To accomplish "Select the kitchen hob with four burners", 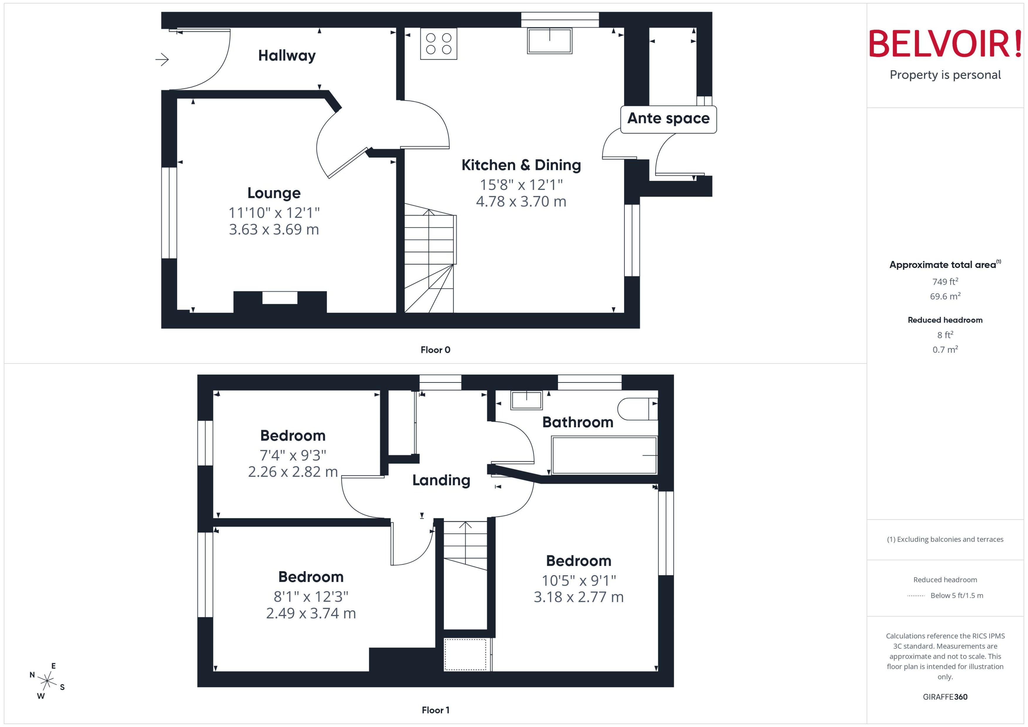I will click(x=439, y=44).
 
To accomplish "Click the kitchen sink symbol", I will click(x=549, y=41).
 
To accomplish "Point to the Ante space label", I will click(x=668, y=119).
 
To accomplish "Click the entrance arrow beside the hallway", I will click(x=162, y=59).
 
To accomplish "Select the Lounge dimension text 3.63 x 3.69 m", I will click(x=274, y=230).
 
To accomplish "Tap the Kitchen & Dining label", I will click(x=521, y=165).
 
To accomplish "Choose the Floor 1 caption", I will click(x=435, y=710).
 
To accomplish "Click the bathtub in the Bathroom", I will click(x=604, y=455).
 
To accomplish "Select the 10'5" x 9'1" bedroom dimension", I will click(x=579, y=581).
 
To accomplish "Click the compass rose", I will click(x=47, y=681).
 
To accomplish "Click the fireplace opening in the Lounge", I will click(x=280, y=298).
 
